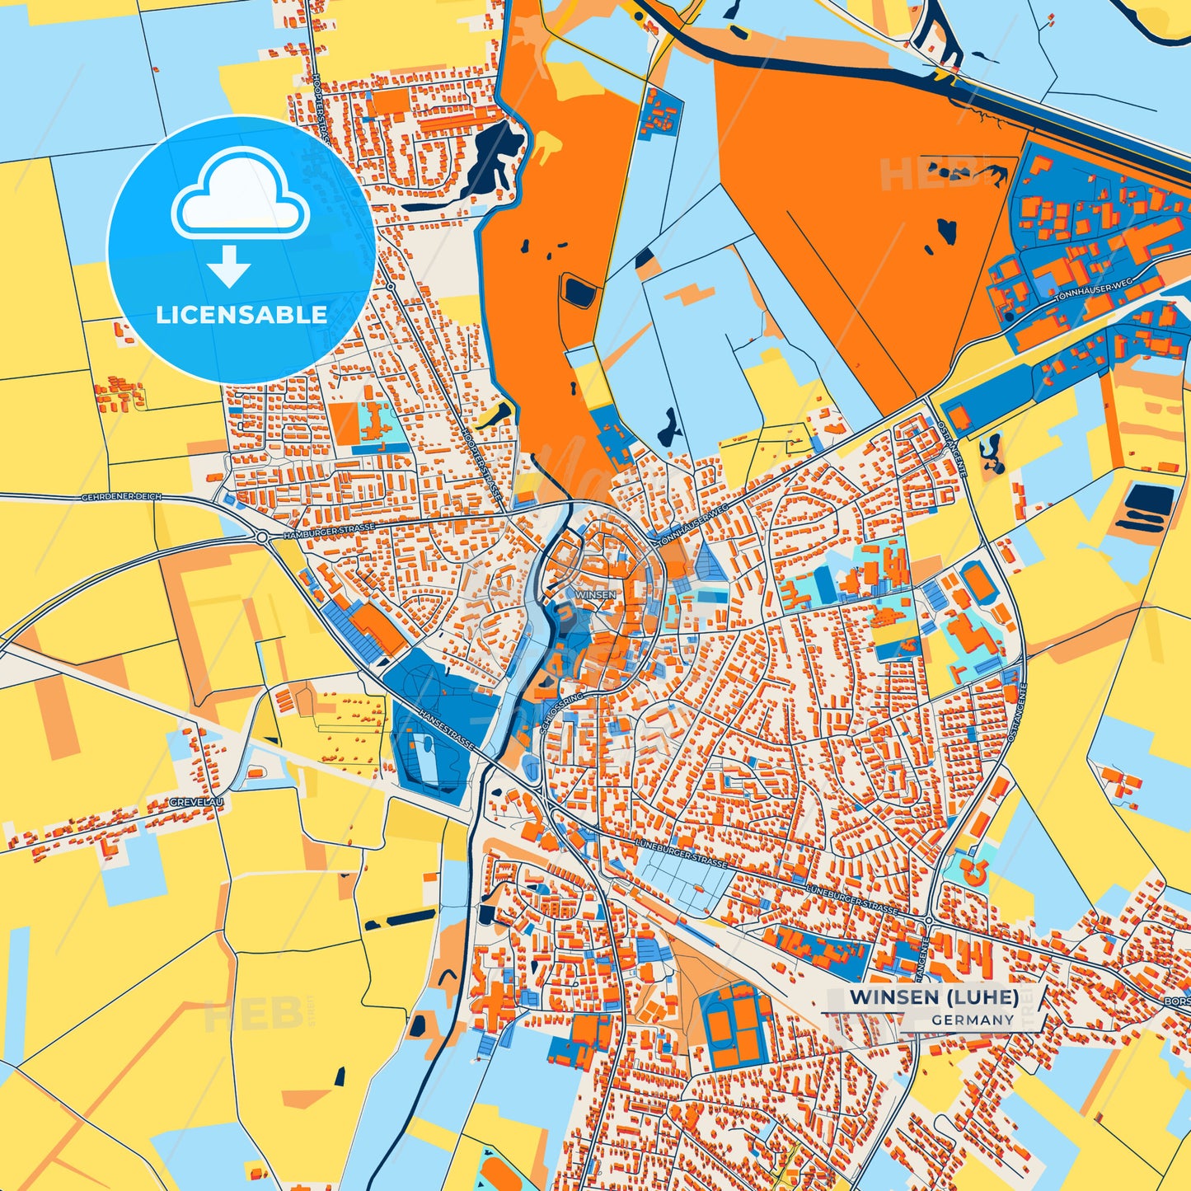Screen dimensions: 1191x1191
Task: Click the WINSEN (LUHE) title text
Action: click(x=934, y=996)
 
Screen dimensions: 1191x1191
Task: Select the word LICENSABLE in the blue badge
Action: click(x=241, y=314)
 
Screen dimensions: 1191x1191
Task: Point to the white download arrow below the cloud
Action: click(x=229, y=265)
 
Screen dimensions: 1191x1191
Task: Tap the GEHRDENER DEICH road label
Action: click(x=121, y=497)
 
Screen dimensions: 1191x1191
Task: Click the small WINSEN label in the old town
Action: click(x=596, y=594)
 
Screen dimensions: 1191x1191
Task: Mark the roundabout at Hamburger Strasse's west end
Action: click(x=262, y=537)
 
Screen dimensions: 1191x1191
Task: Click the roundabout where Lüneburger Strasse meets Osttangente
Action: click(x=929, y=920)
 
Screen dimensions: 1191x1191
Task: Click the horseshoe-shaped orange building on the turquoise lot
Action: click(x=974, y=870)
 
